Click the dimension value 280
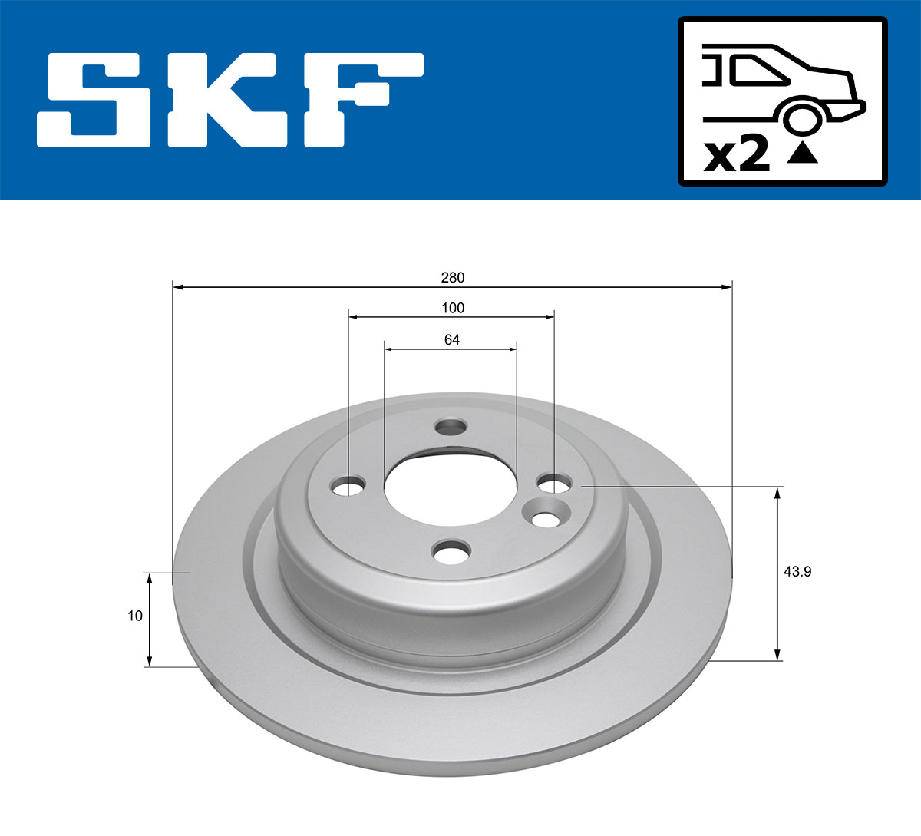click(x=453, y=277)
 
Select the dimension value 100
click(x=453, y=308)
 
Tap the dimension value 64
click(x=452, y=339)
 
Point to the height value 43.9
click(x=797, y=571)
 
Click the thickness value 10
click(x=135, y=616)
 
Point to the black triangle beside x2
click(x=803, y=154)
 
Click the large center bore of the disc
click(x=450, y=491)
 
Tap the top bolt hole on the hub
click(x=451, y=426)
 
